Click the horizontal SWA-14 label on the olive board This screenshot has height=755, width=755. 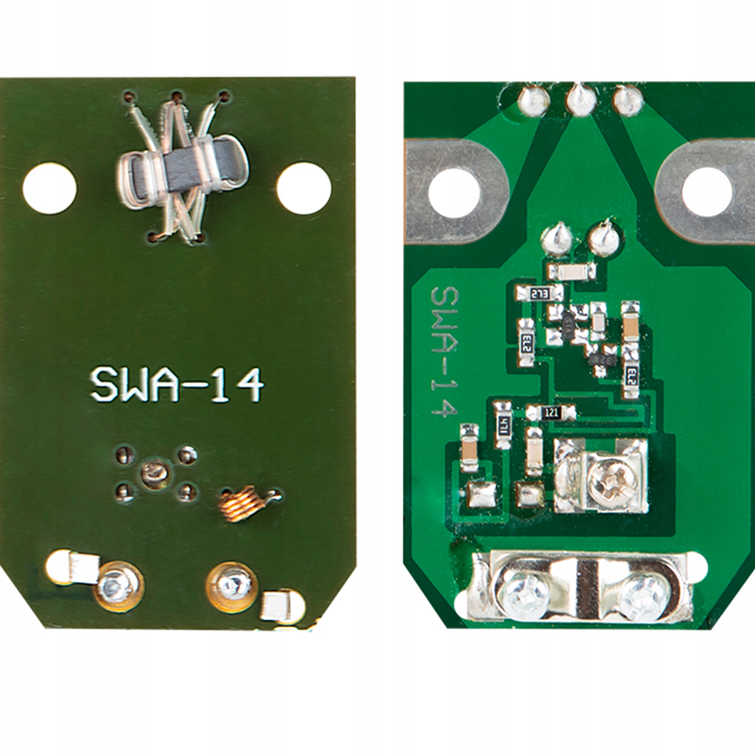(177, 385)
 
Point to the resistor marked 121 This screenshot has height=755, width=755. (552, 412)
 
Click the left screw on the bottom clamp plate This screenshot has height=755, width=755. (524, 596)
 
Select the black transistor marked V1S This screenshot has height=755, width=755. (569, 322)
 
